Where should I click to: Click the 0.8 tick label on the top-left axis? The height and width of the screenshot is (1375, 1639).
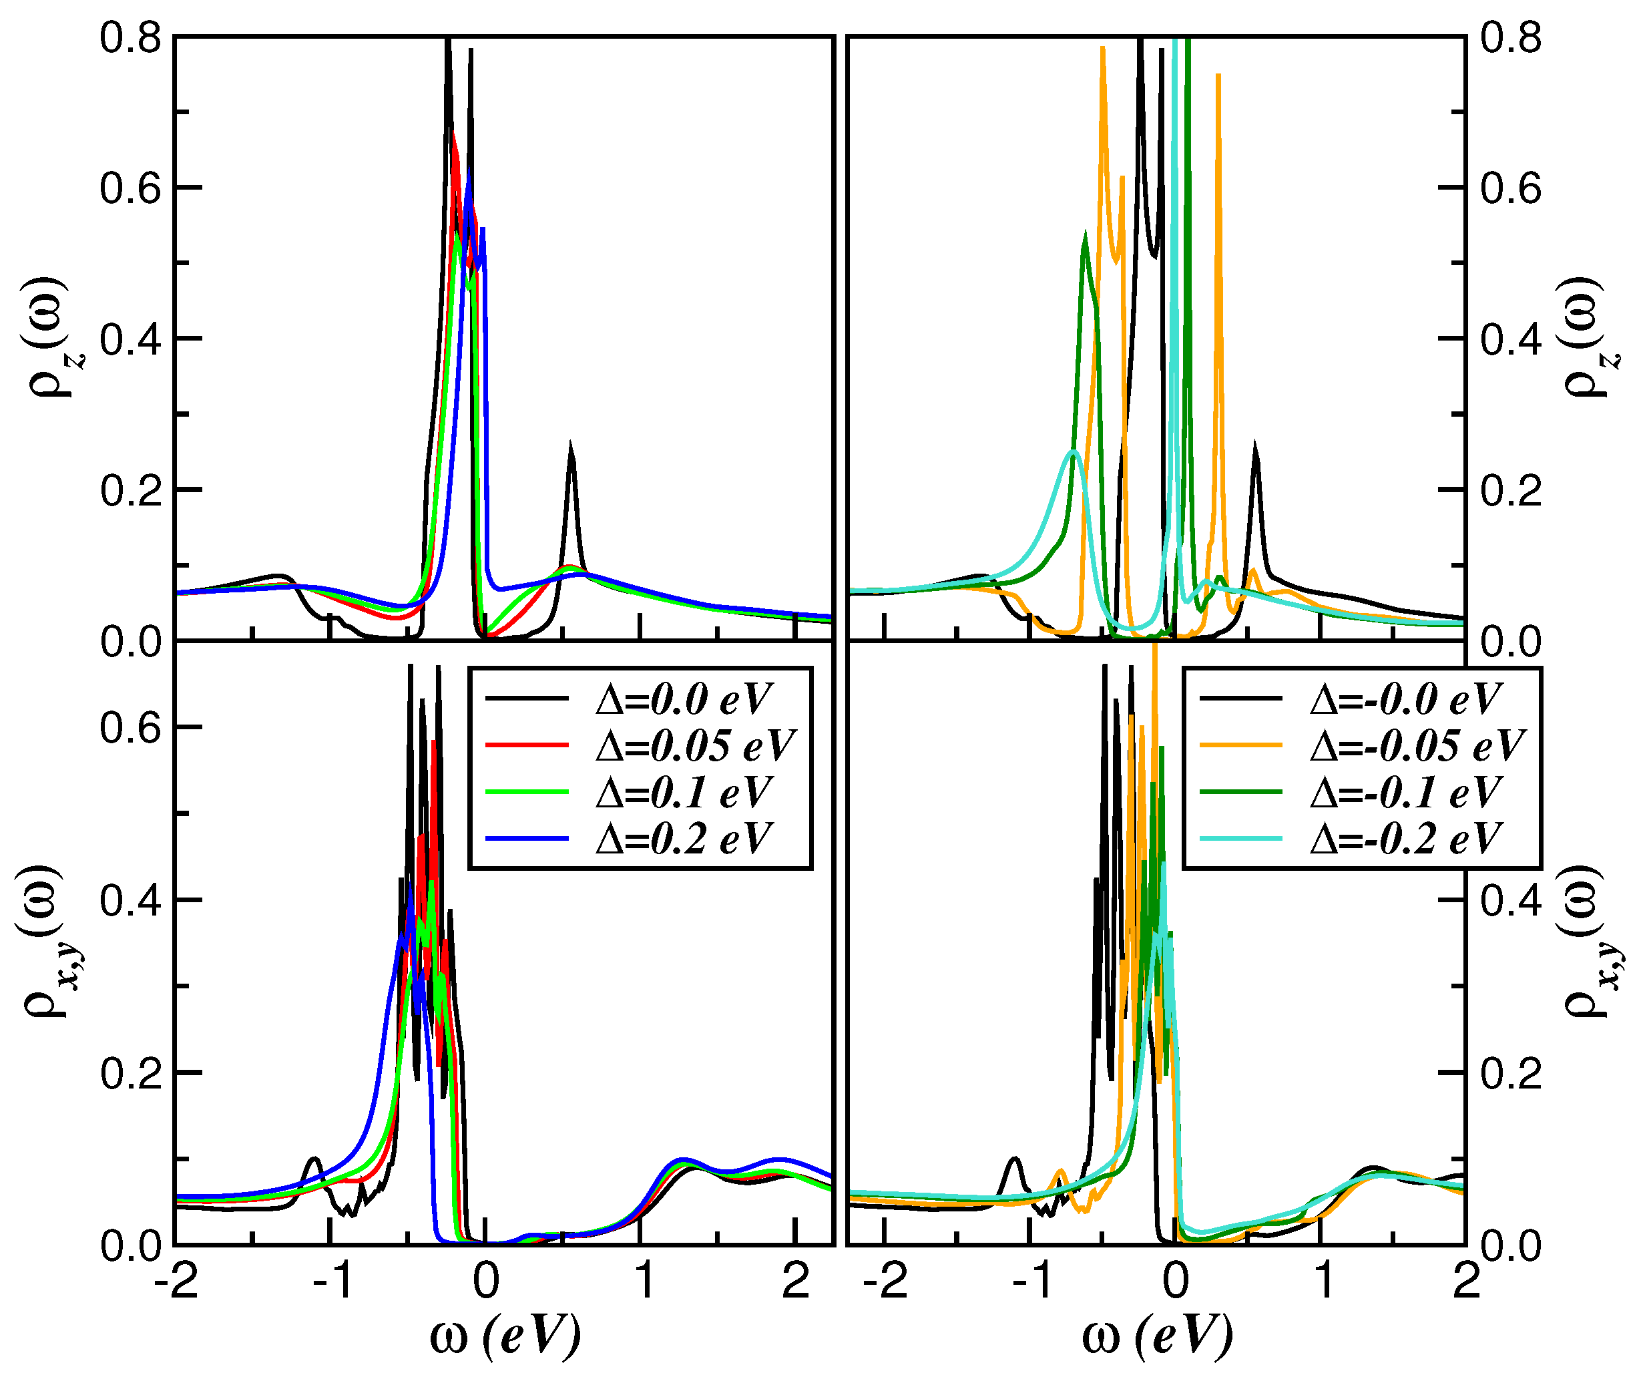point(130,37)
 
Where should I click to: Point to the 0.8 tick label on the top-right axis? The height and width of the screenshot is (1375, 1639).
point(1511,37)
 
